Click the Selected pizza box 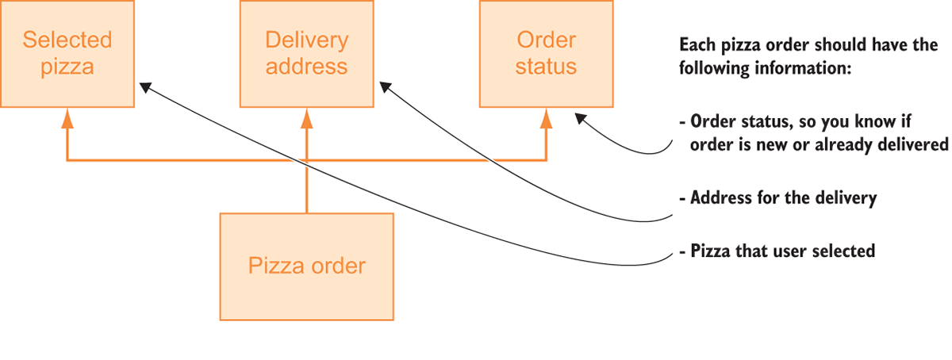[67, 53]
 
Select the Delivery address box [306, 53]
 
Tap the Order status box [546, 53]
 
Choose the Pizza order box [306, 266]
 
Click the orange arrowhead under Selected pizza [67, 117]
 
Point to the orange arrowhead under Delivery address [306, 117]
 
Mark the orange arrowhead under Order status [546, 117]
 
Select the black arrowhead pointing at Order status [582, 118]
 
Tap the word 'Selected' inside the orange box [67, 40]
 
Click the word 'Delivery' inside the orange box [306, 40]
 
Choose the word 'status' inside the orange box [546, 66]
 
